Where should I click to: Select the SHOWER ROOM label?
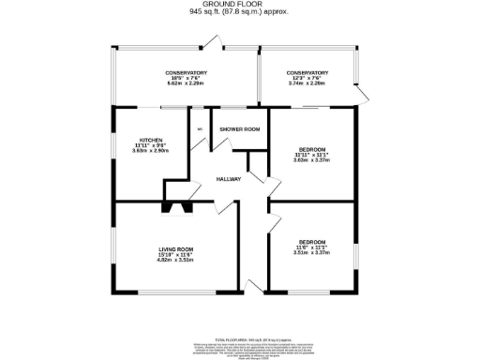[x=239, y=128]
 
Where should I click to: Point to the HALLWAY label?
[x=229, y=179]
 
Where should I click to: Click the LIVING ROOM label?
[x=174, y=248]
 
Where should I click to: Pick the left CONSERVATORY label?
[x=186, y=73]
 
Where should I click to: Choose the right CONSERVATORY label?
[x=307, y=73]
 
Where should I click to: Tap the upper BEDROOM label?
[x=312, y=150]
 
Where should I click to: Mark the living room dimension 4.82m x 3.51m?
[x=174, y=260]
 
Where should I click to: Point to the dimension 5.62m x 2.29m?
[x=186, y=84]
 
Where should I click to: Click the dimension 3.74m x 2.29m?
[x=307, y=84]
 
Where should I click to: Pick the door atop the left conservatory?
[x=215, y=43]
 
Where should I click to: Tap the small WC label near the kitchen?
[x=200, y=130]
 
